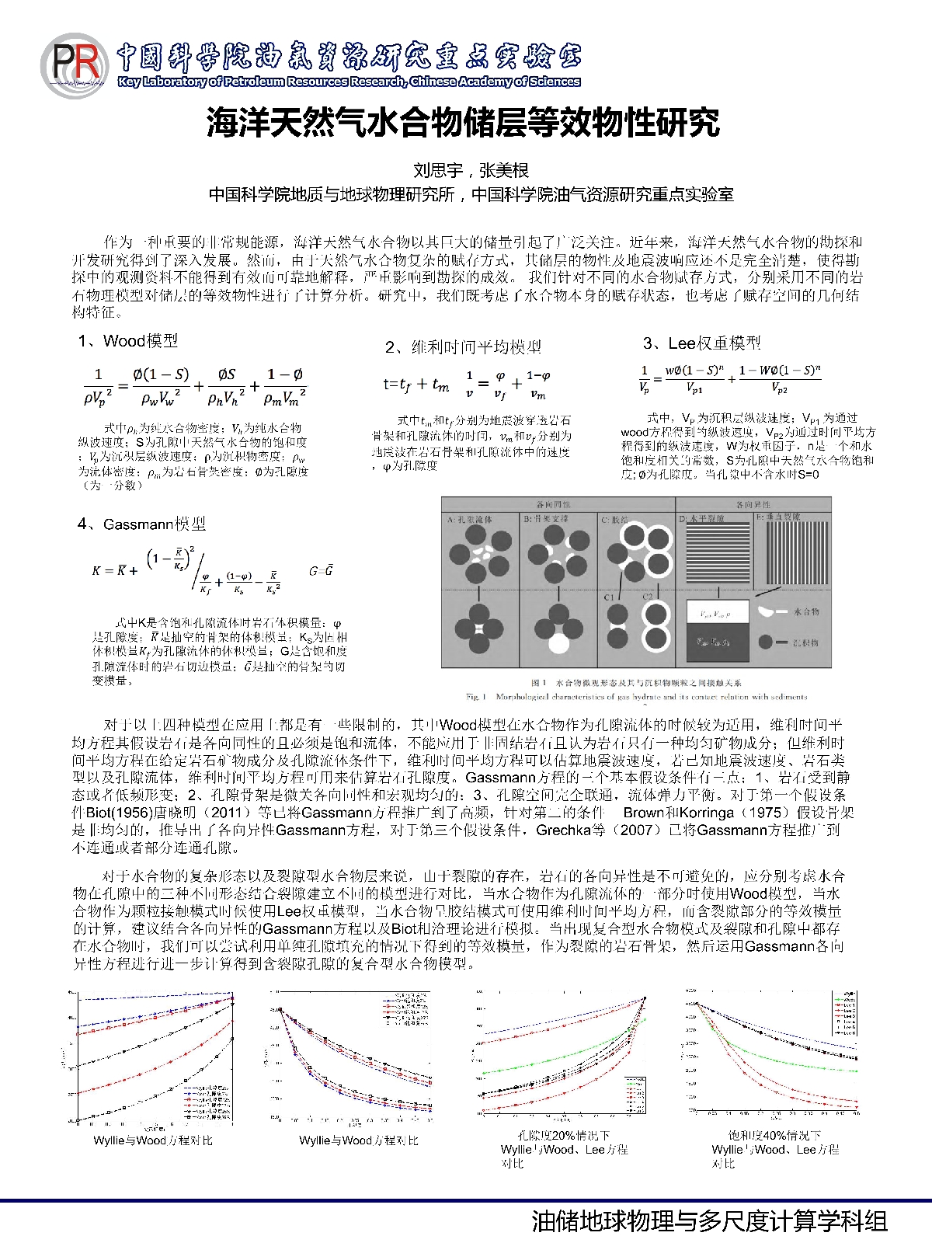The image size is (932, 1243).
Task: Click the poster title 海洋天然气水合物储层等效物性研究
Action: [x=464, y=122]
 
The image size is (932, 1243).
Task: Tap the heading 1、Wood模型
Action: [x=128, y=341]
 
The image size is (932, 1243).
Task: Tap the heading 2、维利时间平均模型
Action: [x=463, y=346]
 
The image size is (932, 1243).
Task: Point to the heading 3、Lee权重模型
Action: [x=701, y=343]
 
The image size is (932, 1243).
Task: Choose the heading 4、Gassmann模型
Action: [x=141, y=524]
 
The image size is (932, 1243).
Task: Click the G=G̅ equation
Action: [x=321, y=571]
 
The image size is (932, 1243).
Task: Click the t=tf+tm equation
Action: [x=416, y=384]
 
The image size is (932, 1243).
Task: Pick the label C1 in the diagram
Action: [x=610, y=597]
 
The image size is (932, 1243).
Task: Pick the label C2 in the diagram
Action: [x=647, y=597]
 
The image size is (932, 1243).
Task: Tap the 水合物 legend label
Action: [x=807, y=611]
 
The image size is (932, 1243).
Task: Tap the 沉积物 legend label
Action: [x=807, y=642]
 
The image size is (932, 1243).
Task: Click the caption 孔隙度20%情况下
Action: [x=564, y=1136]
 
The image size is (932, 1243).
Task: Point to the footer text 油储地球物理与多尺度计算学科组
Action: [x=709, y=1222]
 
